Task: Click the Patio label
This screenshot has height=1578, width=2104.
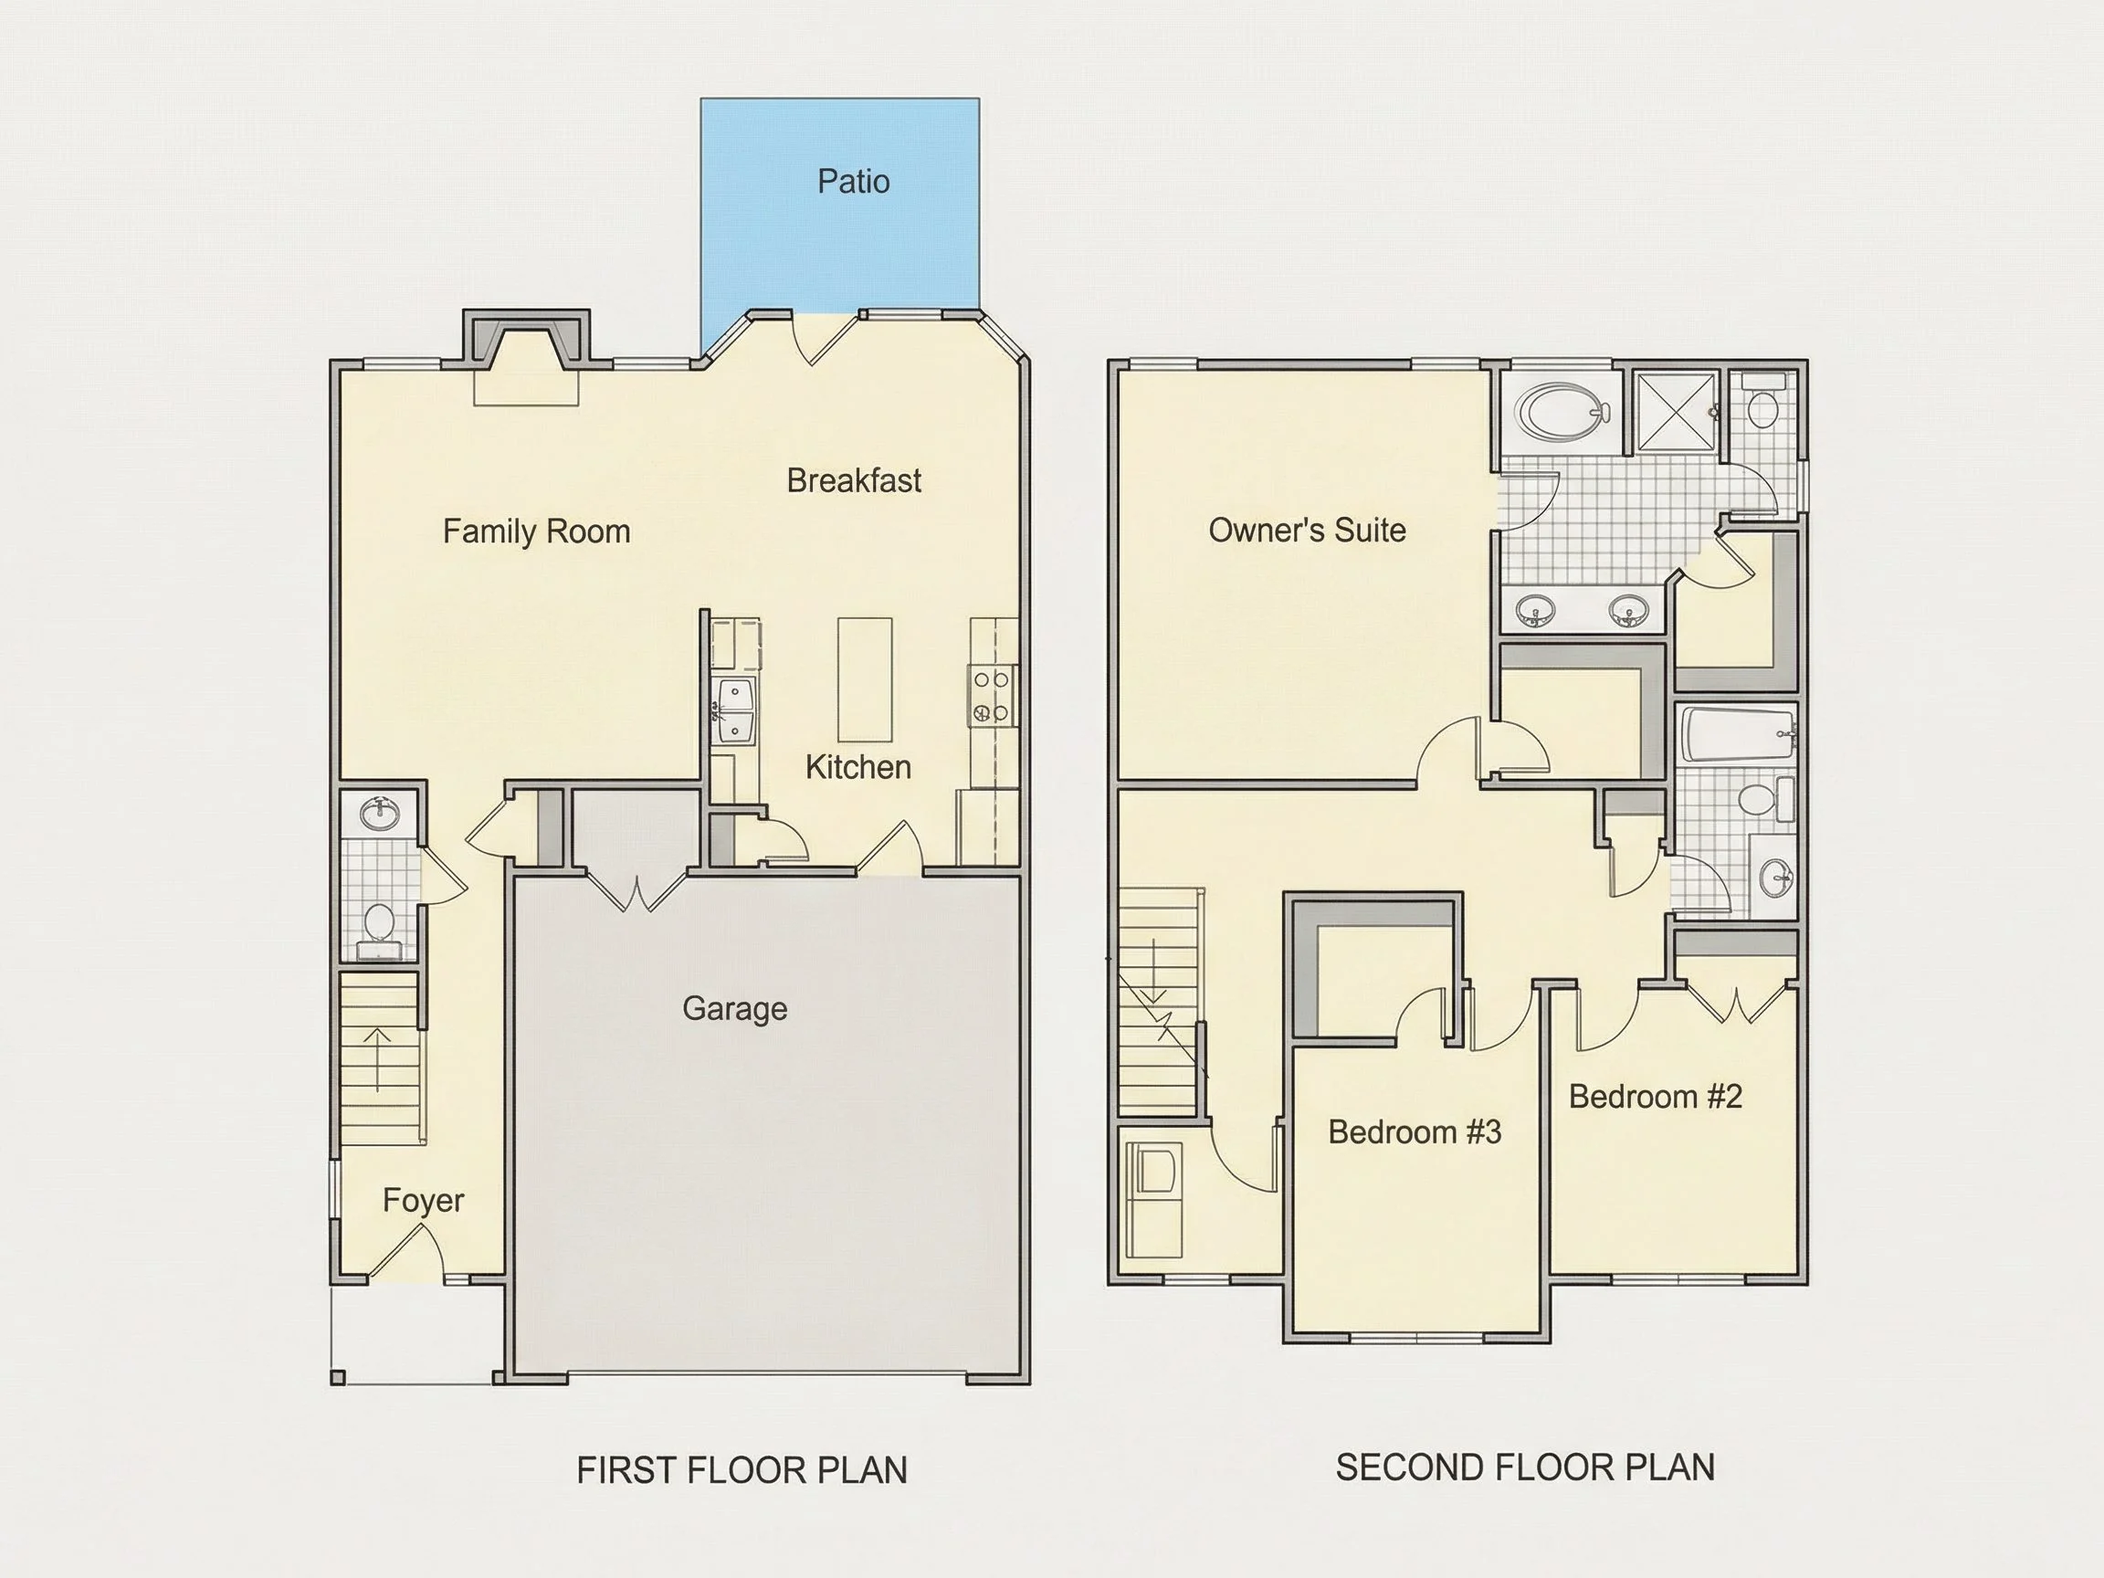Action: [x=853, y=181]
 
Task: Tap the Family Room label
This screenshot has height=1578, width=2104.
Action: [x=536, y=531]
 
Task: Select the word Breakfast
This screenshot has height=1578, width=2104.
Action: [x=853, y=480]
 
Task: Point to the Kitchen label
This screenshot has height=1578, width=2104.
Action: [x=858, y=767]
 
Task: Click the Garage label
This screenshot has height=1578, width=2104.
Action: [x=734, y=1008]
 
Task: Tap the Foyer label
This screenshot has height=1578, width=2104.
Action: [x=424, y=1200]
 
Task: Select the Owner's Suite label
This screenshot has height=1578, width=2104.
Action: [x=1307, y=530]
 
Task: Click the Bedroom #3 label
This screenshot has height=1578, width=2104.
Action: [x=1415, y=1131]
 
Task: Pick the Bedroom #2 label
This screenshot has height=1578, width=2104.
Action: [x=1655, y=1097]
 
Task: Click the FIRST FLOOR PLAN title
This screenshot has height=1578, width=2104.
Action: [x=742, y=1470]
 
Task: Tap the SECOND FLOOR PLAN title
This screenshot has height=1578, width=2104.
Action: [x=1525, y=1468]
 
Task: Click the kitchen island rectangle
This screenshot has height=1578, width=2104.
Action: [x=865, y=679]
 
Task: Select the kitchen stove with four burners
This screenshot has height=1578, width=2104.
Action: [x=991, y=696]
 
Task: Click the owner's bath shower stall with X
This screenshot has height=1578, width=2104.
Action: [x=1677, y=411]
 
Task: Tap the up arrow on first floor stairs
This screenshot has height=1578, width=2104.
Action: [x=379, y=1059]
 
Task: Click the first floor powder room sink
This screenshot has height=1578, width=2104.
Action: [x=382, y=814]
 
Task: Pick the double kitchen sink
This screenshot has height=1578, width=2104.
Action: [x=734, y=710]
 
